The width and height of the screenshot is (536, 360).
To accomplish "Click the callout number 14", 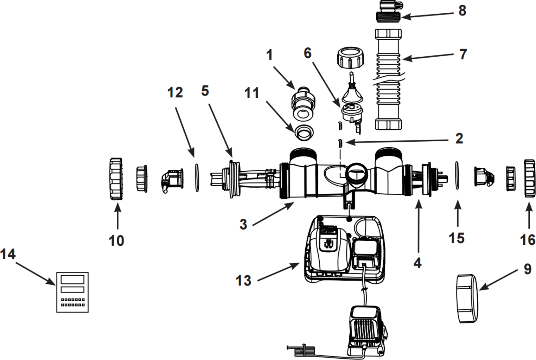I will click(x=8, y=254).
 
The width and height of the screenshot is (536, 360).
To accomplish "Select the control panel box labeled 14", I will click(x=72, y=292).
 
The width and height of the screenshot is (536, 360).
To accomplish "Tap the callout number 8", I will click(x=462, y=11).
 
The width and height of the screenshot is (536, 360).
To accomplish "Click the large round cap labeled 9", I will click(x=467, y=298).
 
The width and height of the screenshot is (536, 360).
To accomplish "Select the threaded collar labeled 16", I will click(x=529, y=178).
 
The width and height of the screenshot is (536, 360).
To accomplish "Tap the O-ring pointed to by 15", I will click(x=457, y=175).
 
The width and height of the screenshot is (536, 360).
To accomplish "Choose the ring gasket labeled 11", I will click(x=304, y=131).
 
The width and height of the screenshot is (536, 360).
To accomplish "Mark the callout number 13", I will click(x=243, y=281).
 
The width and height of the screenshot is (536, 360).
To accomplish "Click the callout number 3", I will click(x=243, y=224).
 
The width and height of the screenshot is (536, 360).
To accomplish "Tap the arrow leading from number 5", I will click(x=221, y=130).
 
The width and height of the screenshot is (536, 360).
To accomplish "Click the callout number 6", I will click(x=307, y=53).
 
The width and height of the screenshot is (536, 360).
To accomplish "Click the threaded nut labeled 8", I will click(x=388, y=16).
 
